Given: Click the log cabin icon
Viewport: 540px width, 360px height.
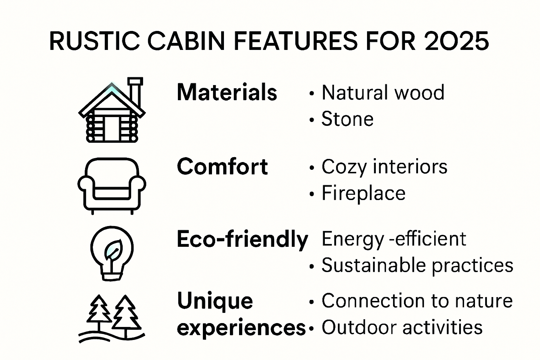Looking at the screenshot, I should click(112, 111).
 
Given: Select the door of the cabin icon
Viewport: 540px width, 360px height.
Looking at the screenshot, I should click(112, 128).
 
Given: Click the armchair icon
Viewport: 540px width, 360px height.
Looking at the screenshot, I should click(112, 186).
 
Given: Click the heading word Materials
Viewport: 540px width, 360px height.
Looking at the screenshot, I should click(227, 92).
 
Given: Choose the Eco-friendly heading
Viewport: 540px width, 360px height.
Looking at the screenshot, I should click(242, 239).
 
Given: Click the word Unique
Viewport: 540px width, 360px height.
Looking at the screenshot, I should click(215, 301).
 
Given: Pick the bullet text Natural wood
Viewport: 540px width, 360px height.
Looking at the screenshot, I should click(382, 92).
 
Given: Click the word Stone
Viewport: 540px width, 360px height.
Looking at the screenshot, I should click(347, 119).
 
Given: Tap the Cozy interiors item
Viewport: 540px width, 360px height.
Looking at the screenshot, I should click(384, 167).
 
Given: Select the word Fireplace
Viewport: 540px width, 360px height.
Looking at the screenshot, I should click(363, 193).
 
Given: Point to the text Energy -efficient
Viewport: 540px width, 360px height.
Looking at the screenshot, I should click(393, 239).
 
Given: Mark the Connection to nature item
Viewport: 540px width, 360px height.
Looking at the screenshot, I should click(417, 301).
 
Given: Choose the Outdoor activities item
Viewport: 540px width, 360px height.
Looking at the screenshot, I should click(401, 327).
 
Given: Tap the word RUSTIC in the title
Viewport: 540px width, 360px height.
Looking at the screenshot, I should click(94, 41).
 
